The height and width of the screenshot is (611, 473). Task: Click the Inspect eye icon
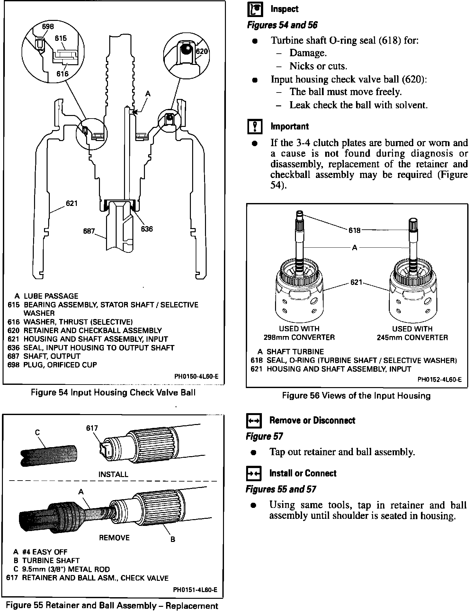click(x=255, y=9)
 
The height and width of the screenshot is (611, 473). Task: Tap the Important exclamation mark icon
click(x=255, y=127)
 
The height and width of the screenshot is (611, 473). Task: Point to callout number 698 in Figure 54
click(x=48, y=26)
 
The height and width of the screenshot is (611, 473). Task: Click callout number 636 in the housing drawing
click(x=147, y=229)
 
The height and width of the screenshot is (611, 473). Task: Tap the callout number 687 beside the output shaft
click(x=89, y=231)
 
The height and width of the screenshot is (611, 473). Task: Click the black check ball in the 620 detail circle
click(x=185, y=49)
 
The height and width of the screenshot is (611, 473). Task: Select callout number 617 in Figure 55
click(x=92, y=428)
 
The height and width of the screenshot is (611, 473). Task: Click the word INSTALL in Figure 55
click(x=113, y=474)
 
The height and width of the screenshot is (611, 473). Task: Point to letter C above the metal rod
click(x=38, y=433)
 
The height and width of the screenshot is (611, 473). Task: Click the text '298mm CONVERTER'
click(x=299, y=337)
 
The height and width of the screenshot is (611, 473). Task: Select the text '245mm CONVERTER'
click(x=412, y=338)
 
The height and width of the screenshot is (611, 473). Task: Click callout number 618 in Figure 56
click(x=354, y=230)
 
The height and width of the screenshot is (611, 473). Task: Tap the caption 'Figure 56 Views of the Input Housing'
click(x=356, y=395)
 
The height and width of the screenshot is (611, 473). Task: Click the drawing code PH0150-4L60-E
click(x=196, y=376)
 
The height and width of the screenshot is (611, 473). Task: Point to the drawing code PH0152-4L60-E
click(x=439, y=379)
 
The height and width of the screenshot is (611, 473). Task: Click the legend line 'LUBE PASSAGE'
click(x=51, y=296)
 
